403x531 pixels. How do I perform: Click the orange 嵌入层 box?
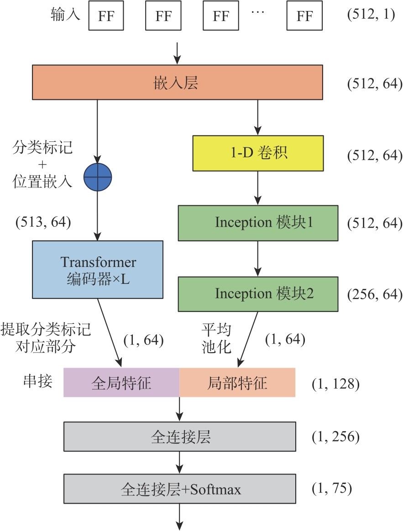click(178, 82)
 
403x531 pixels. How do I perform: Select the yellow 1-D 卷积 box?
click(258, 153)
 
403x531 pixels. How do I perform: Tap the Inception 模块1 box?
click(258, 224)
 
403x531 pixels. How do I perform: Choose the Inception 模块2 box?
click(258, 293)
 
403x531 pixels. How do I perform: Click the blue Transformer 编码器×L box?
click(98, 270)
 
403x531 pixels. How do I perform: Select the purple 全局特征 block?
click(121, 382)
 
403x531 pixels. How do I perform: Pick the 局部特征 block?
click(237, 382)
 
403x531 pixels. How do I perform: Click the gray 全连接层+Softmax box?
click(180, 489)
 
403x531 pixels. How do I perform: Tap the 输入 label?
click(66, 15)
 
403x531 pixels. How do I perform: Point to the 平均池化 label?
click(216, 338)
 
